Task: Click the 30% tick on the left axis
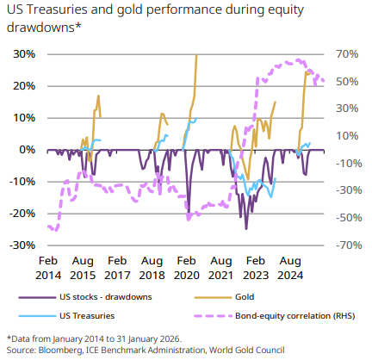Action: [x=24, y=54]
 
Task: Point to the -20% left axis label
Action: [x=22, y=214]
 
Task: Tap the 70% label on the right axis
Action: [x=348, y=54]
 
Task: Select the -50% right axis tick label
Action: [x=349, y=218]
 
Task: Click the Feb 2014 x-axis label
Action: [x=48, y=268]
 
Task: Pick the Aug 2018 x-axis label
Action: [x=152, y=268]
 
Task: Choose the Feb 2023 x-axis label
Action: [x=256, y=268]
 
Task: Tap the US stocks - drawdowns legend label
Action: [x=106, y=297]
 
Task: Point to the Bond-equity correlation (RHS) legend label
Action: [x=295, y=316]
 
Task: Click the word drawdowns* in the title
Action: [x=44, y=28]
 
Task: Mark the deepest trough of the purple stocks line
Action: [x=246, y=229]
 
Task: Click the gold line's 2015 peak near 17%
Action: [x=98, y=96]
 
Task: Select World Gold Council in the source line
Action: [x=247, y=351]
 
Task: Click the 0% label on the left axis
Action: [x=28, y=150]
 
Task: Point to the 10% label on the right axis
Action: [x=348, y=136]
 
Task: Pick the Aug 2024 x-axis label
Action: [x=290, y=268]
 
